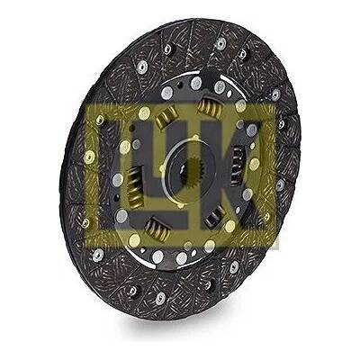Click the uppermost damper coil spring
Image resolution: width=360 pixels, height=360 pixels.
210,107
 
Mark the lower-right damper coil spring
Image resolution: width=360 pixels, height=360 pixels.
215,217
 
